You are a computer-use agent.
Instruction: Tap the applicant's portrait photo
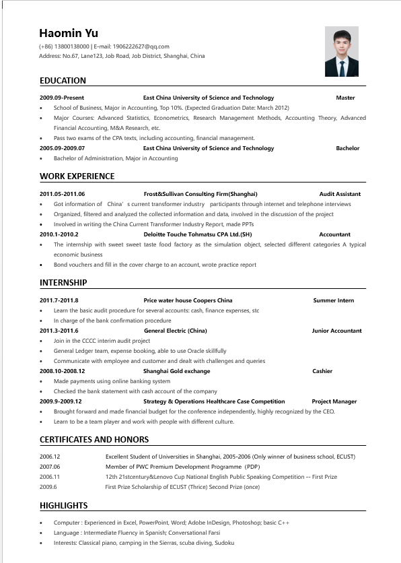coord(341,52)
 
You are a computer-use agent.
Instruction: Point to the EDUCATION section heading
coord(63,81)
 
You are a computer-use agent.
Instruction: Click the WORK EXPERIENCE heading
coord(77,176)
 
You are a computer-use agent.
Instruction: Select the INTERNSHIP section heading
coord(63,283)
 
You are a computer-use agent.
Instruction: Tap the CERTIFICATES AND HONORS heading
coord(94,440)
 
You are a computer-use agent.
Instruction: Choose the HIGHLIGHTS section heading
coord(63,506)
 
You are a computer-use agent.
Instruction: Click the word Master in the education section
coord(345,98)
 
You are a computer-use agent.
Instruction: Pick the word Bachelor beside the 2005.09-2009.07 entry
coord(347,148)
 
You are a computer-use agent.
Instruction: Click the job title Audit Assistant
coord(340,194)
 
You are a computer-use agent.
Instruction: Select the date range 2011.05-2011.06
coord(62,194)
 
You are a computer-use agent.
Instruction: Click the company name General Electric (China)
coord(176,331)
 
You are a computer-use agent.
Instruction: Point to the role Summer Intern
coord(333,300)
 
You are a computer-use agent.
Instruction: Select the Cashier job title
coord(322,371)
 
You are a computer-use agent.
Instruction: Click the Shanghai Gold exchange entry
coord(176,371)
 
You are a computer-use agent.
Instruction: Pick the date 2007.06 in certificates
coord(50,466)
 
